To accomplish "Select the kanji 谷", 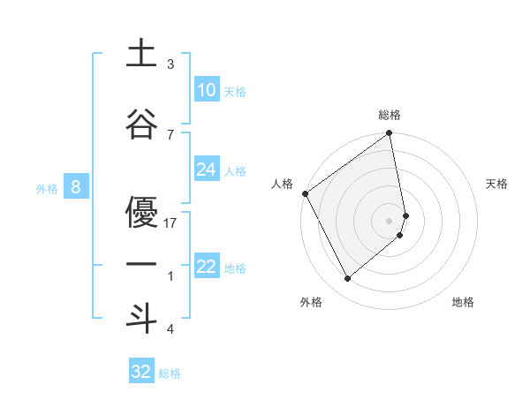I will point(141,124).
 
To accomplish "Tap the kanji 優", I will point(141,211).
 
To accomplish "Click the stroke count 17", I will point(171,223).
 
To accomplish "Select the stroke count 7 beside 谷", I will point(170,134).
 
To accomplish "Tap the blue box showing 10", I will point(206,90).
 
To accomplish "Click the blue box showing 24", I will point(206,170).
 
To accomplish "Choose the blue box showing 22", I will point(206,267).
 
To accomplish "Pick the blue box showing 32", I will point(141,372).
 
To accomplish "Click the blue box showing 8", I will point(76,187).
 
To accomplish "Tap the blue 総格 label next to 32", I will point(170,373).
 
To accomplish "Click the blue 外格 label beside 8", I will point(47,188).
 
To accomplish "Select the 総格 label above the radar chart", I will point(390,115).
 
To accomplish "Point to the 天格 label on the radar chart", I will point(497,184).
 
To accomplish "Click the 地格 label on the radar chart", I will point(463,302).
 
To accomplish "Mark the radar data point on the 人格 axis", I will point(305,193).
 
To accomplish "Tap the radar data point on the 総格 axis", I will point(390,134).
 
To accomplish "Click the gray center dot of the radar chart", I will point(390,220).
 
